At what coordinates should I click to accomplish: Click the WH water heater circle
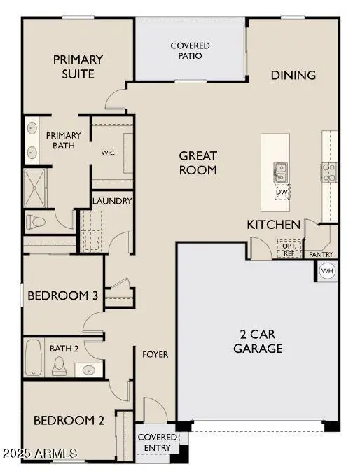tap(327, 270)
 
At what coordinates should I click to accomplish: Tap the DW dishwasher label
tap(282, 191)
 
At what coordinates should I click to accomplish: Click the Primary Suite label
tap(78, 67)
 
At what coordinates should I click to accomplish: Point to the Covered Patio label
tap(190, 50)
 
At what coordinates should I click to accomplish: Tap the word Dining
tap(293, 75)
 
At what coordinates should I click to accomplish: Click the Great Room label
tap(198, 162)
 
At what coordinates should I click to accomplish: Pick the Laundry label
tap(112, 201)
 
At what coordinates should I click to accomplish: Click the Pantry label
tap(321, 254)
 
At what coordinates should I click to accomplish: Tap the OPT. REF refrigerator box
tap(289, 249)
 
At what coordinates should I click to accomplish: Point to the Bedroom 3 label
tap(62, 295)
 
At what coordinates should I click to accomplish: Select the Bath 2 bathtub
tap(34, 358)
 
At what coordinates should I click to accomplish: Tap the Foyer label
tap(155, 354)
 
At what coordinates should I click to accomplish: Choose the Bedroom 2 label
tap(69, 420)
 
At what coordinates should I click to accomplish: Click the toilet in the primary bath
tap(35, 223)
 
